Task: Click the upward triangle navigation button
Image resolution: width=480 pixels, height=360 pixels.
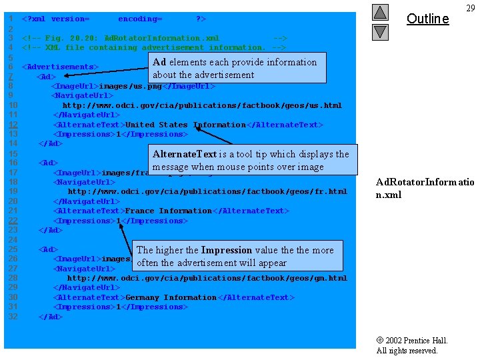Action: (x=380, y=12)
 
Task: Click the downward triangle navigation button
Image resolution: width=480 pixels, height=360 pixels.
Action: (x=380, y=31)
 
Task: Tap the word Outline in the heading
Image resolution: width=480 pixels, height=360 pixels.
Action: (x=427, y=19)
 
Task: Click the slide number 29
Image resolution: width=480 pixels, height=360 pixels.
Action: (x=470, y=8)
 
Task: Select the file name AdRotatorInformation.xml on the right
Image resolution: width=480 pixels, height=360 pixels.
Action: (x=425, y=188)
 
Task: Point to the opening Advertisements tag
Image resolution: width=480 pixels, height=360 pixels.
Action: (x=60, y=67)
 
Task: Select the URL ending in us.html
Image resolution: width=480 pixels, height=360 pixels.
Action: (x=202, y=105)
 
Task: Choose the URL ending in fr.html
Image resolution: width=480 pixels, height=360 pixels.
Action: (x=207, y=192)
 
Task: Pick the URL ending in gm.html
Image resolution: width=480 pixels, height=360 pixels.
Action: (x=207, y=278)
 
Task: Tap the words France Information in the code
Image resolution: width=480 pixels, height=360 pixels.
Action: (x=168, y=211)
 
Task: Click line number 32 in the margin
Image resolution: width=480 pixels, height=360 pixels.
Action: (x=13, y=317)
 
